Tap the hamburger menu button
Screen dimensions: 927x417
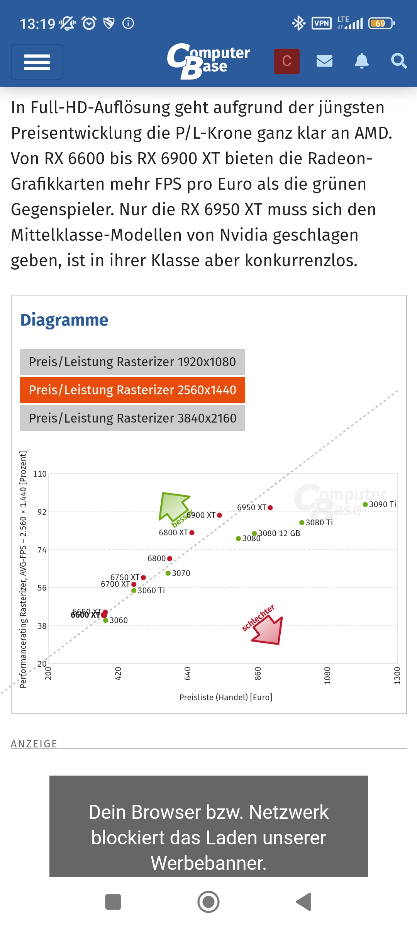37,62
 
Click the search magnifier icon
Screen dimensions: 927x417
398,61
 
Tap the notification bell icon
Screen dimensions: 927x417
361,61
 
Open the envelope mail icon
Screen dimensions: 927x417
324,61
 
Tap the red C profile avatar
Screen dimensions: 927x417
287,61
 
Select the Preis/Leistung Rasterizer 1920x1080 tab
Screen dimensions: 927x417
132,362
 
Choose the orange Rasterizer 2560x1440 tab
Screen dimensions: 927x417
132,390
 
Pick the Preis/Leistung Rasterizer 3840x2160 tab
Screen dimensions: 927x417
132,418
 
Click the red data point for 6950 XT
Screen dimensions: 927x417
270,508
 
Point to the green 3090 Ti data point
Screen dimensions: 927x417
365,504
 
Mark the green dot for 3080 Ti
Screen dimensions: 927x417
302,523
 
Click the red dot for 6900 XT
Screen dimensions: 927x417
219,515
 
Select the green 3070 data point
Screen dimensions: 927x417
168,573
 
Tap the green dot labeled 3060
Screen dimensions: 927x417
105,620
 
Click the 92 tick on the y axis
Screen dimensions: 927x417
42,512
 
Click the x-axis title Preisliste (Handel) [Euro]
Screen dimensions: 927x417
226,697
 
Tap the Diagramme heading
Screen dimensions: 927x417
64,320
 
